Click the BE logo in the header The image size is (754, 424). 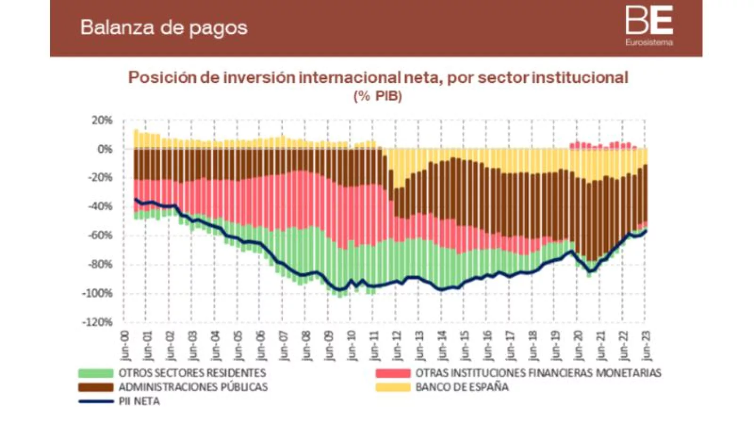coord(649,21)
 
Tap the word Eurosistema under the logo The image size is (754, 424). coord(649,43)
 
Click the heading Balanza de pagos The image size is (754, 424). coord(164,27)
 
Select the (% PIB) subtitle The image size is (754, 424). coord(377,96)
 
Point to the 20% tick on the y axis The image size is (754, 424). coord(102,121)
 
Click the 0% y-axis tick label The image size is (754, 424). coord(105,149)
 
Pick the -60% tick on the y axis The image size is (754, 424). coord(101,236)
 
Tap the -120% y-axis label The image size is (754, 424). coord(98,322)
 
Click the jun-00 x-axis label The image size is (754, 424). coord(124,345)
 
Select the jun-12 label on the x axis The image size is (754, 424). coord(397,345)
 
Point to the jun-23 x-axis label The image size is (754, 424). coord(646,345)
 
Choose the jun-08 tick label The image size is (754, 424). coord(306,345)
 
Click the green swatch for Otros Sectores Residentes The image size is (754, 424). coord(96,373)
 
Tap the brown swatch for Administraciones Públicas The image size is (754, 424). coord(96,387)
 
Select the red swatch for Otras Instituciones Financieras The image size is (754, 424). coord(393,373)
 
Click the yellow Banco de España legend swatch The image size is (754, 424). coord(393,387)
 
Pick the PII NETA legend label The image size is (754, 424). coord(139,401)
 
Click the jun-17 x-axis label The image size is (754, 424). coord(510,345)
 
